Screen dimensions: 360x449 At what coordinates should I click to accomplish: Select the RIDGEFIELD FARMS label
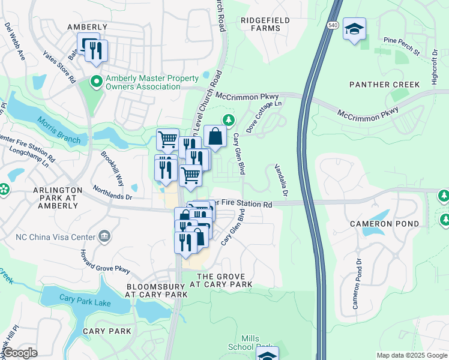pos(265,24)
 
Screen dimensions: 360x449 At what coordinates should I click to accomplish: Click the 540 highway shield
pos(333,25)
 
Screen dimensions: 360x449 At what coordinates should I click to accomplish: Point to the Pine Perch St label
pos(401,46)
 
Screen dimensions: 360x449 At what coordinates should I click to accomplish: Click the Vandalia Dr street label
pos(281,181)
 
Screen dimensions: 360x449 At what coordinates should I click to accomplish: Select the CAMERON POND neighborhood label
pos(378,224)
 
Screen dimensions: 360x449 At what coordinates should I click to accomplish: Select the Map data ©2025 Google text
pos(411,355)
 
